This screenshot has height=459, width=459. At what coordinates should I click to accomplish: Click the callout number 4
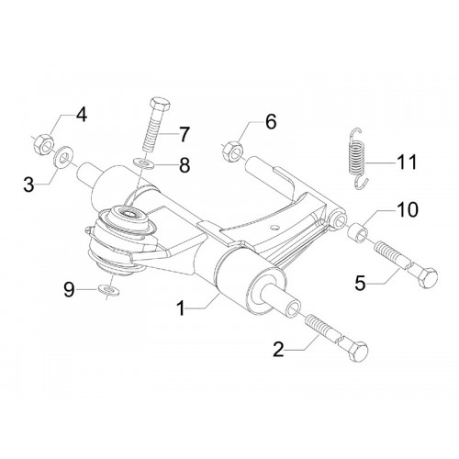82,115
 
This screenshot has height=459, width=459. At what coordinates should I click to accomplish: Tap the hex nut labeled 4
43,144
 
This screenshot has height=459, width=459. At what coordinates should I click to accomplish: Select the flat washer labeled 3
63,157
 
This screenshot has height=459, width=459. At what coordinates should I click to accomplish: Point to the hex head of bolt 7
160,106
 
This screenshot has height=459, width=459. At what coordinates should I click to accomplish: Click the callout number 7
184,135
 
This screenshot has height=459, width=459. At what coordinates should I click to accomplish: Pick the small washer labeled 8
144,163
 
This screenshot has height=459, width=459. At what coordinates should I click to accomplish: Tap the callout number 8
185,165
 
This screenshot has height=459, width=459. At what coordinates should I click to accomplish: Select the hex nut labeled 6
232,151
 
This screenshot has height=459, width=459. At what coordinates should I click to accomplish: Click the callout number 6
271,121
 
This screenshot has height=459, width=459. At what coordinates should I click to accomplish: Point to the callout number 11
407,162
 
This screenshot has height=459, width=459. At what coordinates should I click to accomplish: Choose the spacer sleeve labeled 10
358,233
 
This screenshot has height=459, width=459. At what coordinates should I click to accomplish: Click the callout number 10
408,210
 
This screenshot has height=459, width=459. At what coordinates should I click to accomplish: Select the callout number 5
360,284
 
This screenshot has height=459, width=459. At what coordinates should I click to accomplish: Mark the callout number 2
278,350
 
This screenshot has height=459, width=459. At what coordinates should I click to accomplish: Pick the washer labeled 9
109,290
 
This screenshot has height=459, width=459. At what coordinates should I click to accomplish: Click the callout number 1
181,308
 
